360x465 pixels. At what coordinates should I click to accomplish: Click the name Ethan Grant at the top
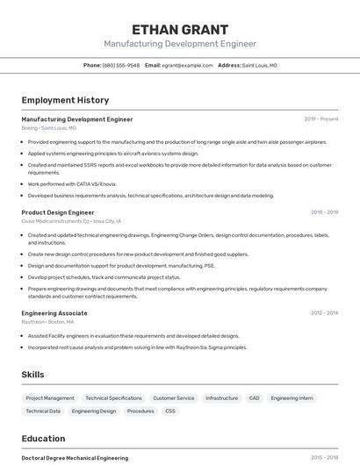[x=180, y=29]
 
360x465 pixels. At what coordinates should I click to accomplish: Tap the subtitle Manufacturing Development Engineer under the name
[x=180, y=44]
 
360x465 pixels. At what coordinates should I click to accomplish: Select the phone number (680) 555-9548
[x=120, y=65]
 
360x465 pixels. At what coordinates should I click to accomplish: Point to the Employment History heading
[x=65, y=100]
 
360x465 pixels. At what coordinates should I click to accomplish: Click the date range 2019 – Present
[x=321, y=118]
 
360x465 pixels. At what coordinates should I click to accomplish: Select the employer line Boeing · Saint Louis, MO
[x=48, y=128]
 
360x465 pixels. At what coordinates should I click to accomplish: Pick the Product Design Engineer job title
[x=58, y=211]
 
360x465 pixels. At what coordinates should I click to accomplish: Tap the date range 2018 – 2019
[x=324, y=211]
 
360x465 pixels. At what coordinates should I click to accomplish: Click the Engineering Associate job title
[x=54, y=312]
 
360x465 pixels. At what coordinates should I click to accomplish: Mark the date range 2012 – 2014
[x=324, y=312]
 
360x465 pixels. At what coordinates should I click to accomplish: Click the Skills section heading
[x=32, y=375]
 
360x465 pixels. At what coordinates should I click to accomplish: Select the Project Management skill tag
[x=50, y=398]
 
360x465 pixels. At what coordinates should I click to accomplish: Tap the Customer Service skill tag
[x=174, y=398]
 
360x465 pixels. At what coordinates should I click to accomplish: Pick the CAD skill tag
[x=254, y=398]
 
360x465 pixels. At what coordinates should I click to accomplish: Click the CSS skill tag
[x=170, y=411]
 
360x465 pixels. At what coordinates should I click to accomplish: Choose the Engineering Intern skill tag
[x=292, y=398]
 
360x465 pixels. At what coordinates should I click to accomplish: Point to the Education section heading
[x=43, y=439]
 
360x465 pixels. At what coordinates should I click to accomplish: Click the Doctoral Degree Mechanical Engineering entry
[x=75, y=458]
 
